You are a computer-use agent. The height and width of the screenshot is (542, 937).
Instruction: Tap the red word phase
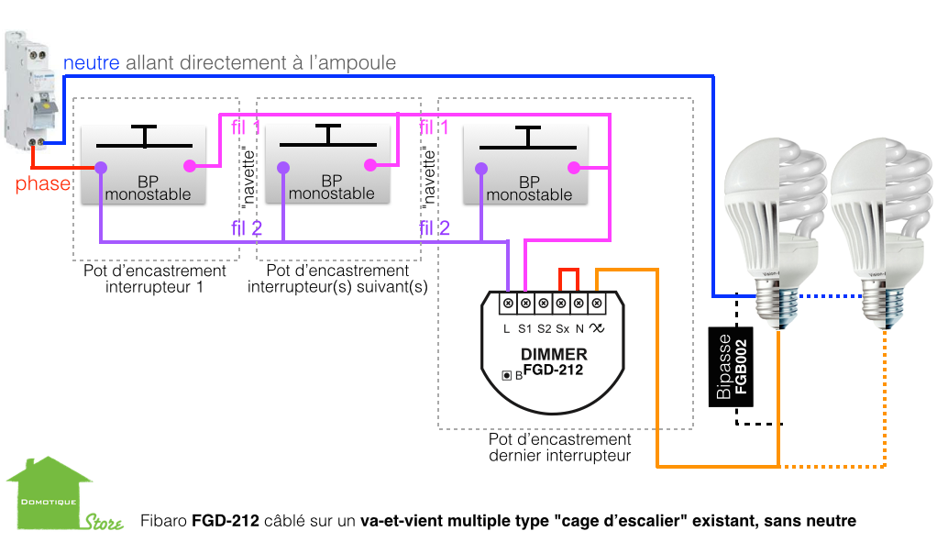pos(42,184)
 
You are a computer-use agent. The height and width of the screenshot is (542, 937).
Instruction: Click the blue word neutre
pos(92,63)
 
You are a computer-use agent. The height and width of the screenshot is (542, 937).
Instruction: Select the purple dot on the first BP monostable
pos(100,167)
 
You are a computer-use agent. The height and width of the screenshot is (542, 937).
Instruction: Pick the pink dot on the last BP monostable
pos(573,167)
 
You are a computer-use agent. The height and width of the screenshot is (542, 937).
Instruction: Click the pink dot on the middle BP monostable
pos(370,165)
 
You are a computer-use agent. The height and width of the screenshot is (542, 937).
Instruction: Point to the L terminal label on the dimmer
pos(507,327)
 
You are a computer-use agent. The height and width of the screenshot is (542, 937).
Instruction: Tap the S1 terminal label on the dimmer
pos(525,327)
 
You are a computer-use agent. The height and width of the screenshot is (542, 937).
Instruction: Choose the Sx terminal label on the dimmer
pos(562,327)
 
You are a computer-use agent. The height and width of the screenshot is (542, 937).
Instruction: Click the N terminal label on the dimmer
pos(579,327)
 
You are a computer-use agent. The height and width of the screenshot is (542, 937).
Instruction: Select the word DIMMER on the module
pos(554,354)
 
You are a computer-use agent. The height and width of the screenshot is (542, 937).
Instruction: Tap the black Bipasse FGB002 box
pos(731,367)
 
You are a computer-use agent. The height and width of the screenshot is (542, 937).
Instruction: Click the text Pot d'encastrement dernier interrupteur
pos(559,448)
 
